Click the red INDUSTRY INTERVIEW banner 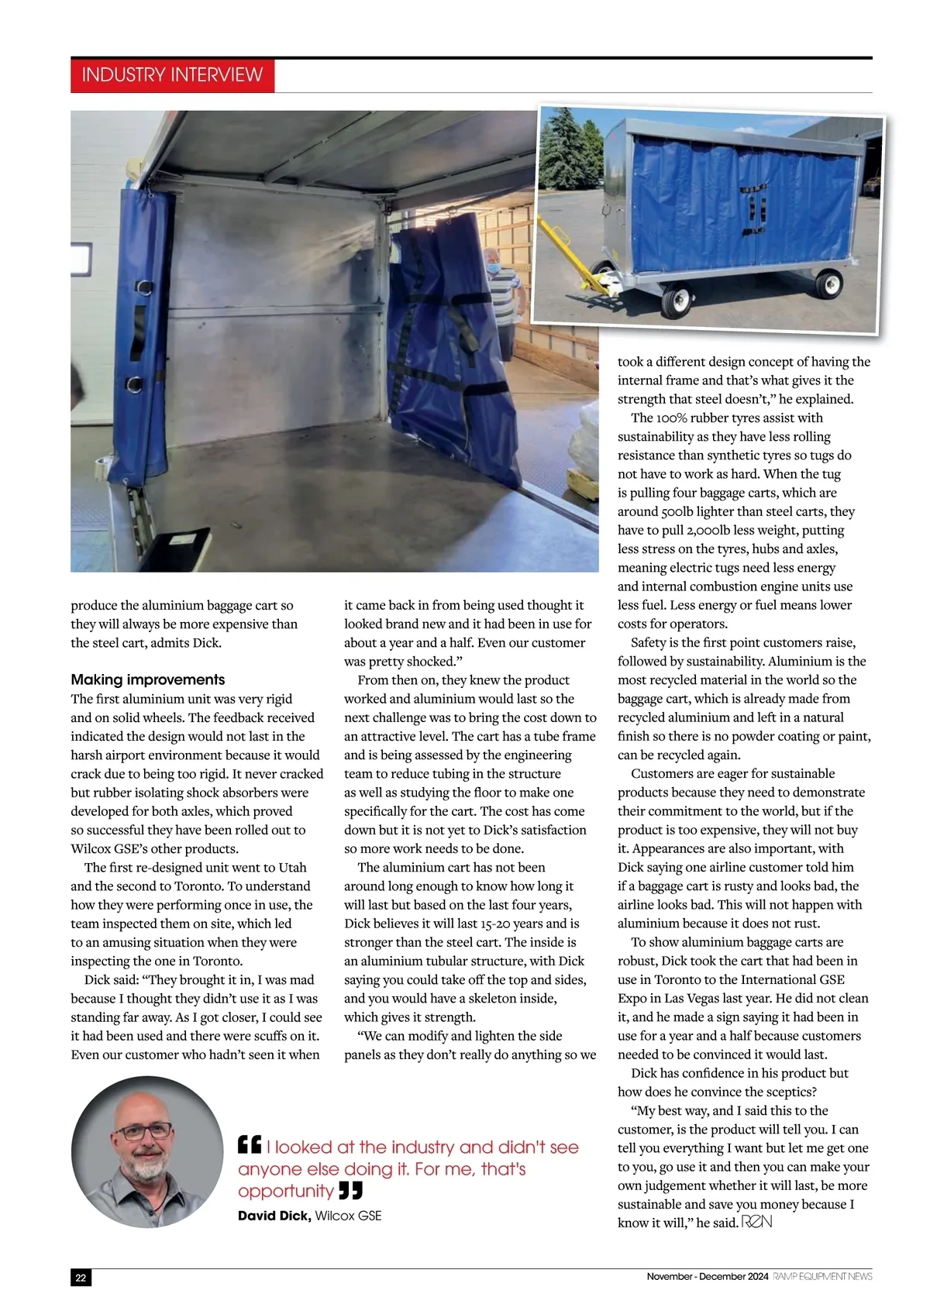click(x=172, y=75)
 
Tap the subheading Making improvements click(x=147, y=679)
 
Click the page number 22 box click(x=81, y=1278)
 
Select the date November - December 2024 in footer click(x=707, y=1276)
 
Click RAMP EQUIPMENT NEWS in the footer click(x=822, y=1276)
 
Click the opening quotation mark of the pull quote click(x=249, y=1145)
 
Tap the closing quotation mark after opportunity click(x=351, y=1191)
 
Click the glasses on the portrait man click(x=146, y=1131)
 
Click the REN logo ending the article click(x=756, y=1223)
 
